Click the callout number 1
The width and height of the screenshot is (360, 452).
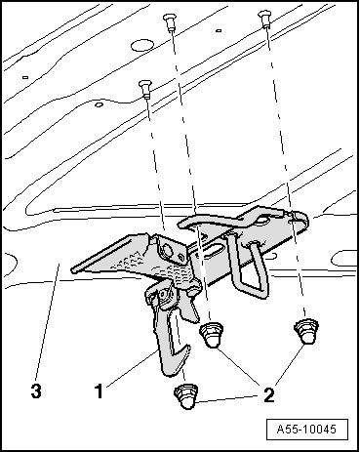click(x=99, y=390)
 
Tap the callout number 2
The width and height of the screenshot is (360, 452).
click(x=268, y=395)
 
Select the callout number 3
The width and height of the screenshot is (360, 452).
click(x=36, y=390)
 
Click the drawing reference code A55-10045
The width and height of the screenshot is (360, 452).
click(x=306, y=430)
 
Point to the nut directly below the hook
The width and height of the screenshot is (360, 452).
click(x=186, y=395)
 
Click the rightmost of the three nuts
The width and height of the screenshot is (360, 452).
click(x=306, y=331)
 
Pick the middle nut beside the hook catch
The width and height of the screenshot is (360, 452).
click(x=212, y=334)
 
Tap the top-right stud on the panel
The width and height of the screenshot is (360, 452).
click(x=263, y=19)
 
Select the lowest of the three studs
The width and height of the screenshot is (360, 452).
click(x=144, y=89)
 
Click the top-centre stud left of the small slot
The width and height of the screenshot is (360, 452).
click(x=170, y=21)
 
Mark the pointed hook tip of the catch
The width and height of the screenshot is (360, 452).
click(x=188, y=349)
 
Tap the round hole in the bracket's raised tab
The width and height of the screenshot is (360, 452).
click(x=167, y=250)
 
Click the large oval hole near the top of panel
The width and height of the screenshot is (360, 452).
click(x=142, y=45)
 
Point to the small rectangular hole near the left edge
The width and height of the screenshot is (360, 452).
click(x=25, y=77)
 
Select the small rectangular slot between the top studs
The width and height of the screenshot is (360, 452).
click(x=219, y=31)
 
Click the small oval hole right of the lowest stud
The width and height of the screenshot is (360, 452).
click(x=99, y=104)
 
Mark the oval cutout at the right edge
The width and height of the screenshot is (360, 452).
click(x=344, y=259)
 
